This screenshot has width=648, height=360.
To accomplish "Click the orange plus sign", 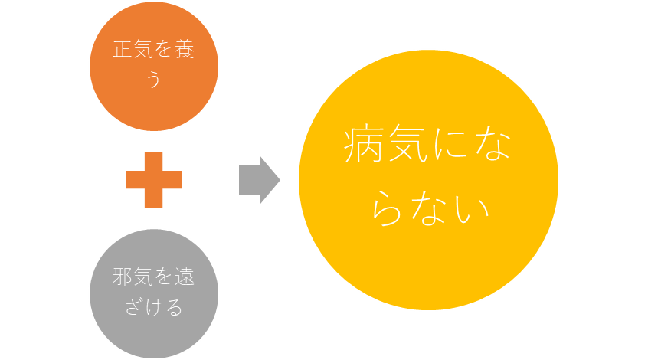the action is tap(153, 179).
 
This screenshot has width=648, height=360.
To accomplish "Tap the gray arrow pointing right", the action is tap(260, 180).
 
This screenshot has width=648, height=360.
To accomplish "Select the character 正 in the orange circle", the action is tap(123, 50).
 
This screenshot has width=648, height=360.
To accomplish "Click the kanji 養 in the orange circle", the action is tap(185, 50).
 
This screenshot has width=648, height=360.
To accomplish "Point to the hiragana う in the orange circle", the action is tap(154, 79).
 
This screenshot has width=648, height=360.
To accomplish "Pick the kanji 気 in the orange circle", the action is tap(143, 50).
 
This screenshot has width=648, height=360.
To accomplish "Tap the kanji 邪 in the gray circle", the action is tap(123, 277).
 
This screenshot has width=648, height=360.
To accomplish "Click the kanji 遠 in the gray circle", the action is tap(185, 277).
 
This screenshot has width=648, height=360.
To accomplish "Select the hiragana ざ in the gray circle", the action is tap(133, 306).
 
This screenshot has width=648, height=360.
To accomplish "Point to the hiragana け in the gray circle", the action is tap(153, 306).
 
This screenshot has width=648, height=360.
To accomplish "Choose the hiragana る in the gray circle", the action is tap(174, 307).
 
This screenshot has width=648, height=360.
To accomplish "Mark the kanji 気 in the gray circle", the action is tap(143, 277).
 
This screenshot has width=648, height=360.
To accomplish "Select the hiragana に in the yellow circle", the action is tap(450, 144).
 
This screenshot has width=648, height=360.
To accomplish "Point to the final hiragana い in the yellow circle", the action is tap(471, 210).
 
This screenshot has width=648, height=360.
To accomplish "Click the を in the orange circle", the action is tap(164, 50).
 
